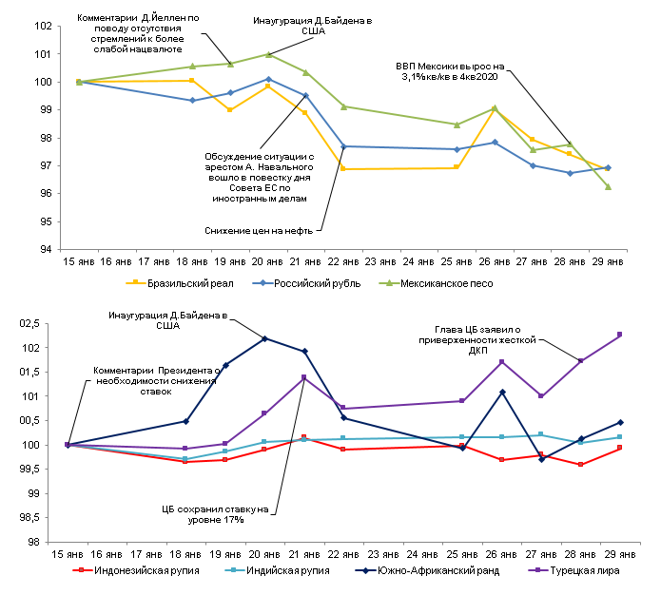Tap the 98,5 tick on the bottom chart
coord(36,517)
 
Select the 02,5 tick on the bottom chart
coord(36,323)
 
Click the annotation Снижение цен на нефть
coord(263,229)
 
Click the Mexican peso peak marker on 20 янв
coord(268,54)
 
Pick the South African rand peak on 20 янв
coord(264,338)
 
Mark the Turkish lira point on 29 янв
coord(619,335)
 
